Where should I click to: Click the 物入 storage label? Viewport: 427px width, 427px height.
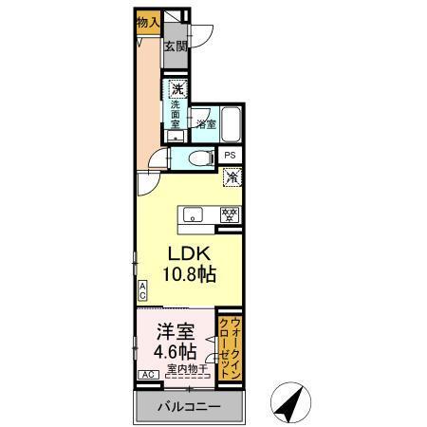(x=146, y=22)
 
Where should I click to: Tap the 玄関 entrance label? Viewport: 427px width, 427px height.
(x=175, y=46)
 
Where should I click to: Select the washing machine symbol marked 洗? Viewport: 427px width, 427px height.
(x=177, y=90)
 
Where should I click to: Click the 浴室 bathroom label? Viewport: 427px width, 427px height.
(x=206, y=123)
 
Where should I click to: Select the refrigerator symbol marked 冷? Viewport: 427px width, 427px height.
(x=231, y=176)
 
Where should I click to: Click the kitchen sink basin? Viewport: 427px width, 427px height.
(x=193, y=213)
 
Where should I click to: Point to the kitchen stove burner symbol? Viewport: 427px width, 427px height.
(x=229, y=213)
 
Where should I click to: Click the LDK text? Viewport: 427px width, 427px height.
(x=190, y=255)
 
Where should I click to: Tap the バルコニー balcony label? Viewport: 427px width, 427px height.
(x=190, y=406)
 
